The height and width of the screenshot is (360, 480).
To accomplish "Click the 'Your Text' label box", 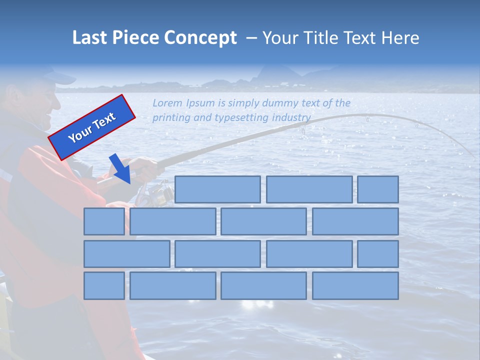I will tap(92, 127).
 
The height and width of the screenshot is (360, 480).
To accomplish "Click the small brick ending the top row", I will tap(378, 189).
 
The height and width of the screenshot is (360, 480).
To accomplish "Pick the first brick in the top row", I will tap(217, 189).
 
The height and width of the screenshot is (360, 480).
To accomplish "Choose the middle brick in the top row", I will tap(309, 189).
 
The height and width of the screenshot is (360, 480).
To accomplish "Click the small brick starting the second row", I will tap(104, 221).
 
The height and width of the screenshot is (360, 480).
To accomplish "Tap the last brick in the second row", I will tap(355, 221).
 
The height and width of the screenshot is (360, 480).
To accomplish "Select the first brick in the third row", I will tap(126, 253).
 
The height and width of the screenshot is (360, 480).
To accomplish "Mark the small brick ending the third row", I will tap(378, 253).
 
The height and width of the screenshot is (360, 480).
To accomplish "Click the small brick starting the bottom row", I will tap(104, 285).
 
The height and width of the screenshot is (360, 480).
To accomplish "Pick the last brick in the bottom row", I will tap(355, 285).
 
